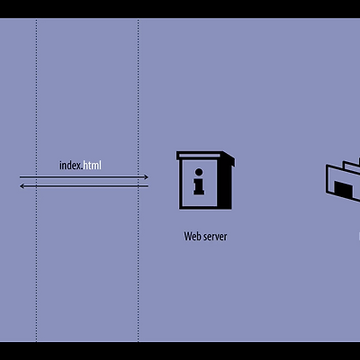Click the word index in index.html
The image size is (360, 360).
pos(70,166)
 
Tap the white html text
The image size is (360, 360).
pos(93,165)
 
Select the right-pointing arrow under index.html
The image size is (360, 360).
pos(84,177)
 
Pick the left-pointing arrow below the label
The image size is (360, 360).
pos(84,186)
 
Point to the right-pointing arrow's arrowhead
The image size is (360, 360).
pos(147,177)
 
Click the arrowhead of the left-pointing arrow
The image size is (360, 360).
pos(22,186)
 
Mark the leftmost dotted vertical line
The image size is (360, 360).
pos(37,180)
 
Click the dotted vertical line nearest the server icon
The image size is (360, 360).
pos(139,180)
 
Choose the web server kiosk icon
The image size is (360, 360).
pos(205,180)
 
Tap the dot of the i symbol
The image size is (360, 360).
pos(199,172)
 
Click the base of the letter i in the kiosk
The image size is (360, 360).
pos(199,193)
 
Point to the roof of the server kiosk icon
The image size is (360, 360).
pos(206,156)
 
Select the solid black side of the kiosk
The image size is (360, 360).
pos(224,184)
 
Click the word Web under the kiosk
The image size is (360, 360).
pos(192,237)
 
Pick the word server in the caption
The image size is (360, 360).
pos(215,237)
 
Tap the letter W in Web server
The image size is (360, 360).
pos(188,237)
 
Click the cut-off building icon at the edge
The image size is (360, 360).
pos(343,180)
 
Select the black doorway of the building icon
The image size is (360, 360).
pos(344,190)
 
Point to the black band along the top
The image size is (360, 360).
pos(180,9)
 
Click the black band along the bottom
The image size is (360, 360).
pos(180,351)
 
